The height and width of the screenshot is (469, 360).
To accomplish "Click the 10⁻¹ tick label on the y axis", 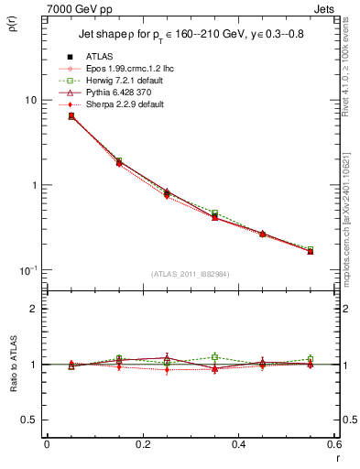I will click(28, 270).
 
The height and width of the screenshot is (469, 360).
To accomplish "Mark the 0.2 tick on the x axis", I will click(142, 445).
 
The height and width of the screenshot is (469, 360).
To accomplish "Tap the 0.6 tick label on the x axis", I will click(334, 445).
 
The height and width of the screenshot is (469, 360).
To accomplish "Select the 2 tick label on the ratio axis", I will click(35, 309).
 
